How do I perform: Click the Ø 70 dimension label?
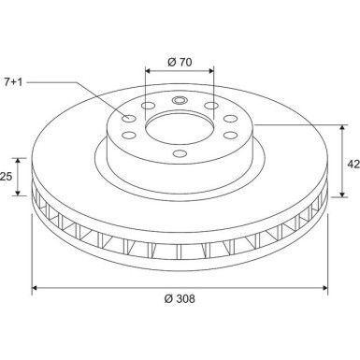point(180,61)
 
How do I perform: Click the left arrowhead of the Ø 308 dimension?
point(36,287)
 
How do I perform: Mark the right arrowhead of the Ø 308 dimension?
point(324,287)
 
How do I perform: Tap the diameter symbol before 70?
point(168,61)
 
